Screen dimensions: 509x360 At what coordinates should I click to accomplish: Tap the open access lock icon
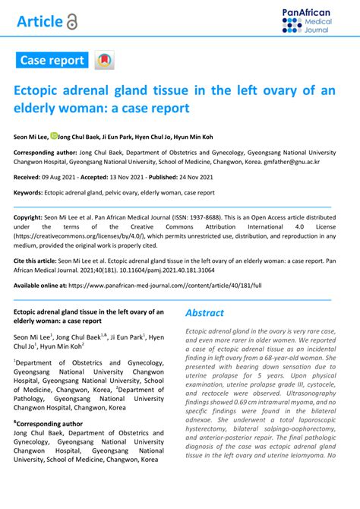(x=72, y=22)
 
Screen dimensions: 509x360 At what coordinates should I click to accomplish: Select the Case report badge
(x=52, y=59)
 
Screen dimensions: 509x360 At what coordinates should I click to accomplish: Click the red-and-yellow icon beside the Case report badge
(x=103, y=60)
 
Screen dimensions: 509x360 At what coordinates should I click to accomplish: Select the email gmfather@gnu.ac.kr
(x=291, y=162)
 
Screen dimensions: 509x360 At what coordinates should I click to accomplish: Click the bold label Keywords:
(x=28, y=192)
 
